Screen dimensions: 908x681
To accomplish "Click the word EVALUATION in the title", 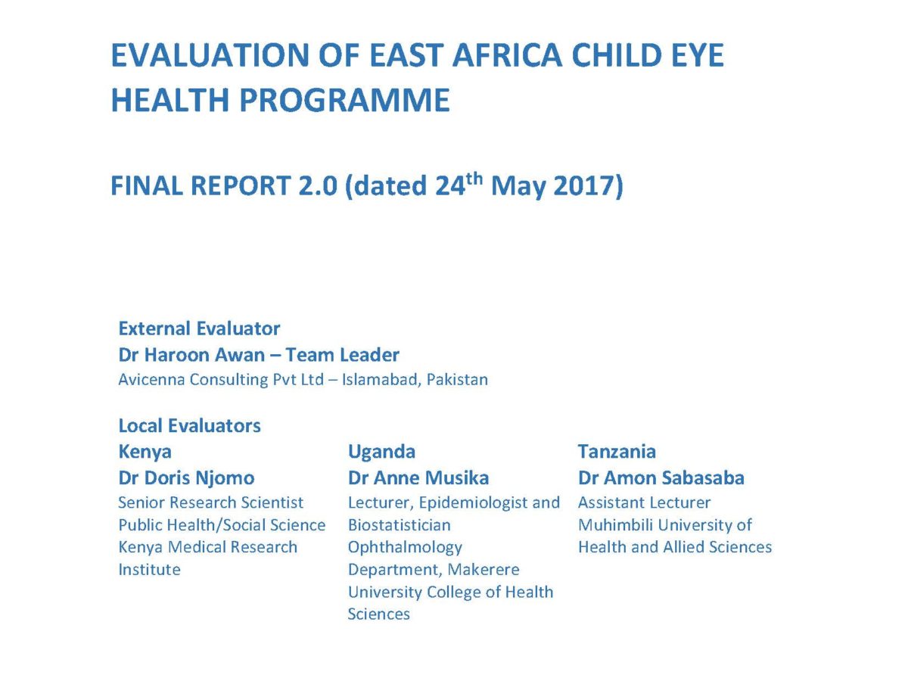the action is click(210, 55).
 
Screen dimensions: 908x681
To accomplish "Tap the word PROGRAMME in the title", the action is click(344, 100).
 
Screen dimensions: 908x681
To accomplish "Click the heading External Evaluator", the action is click(200, 328).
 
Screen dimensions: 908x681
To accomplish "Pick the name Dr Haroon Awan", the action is click(191, 355).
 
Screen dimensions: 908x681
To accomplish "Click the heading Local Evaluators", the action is click(189, 425).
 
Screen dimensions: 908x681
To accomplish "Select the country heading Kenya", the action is click(145, 452).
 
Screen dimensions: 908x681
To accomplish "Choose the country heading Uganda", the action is click(381, 452).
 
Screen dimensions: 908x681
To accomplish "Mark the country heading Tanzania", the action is click(617, 452).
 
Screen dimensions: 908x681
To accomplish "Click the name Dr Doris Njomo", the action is click(186, 478).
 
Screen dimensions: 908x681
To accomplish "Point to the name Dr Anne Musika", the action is click(418, 478).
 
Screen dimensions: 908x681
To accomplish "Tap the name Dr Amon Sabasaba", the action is click(661, 478).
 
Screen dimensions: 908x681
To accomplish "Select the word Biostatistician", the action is click(400, 525).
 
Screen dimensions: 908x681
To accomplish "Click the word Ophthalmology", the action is click(405, 548).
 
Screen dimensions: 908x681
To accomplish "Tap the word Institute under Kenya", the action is click(149, 570).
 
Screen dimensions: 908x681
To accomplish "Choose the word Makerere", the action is click(484, 570).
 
